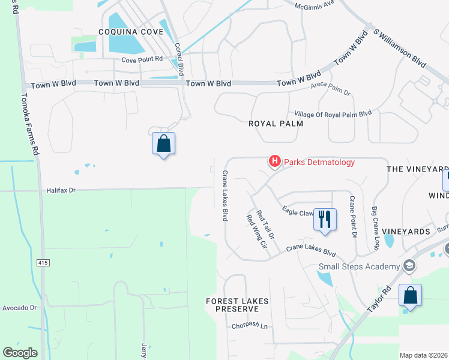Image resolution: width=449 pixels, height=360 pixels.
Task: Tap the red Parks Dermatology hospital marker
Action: click(x=275, y=161)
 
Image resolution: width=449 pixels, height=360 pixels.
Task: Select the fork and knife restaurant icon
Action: click(x=325, y=219)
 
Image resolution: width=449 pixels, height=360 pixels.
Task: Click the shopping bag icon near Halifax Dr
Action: click(x=163, y=144)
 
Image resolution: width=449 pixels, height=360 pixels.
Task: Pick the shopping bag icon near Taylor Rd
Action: click(x=410, y=296)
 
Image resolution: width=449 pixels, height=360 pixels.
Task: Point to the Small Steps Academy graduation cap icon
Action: click(x=409, y=266)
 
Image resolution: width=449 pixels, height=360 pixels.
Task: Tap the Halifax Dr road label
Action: click(x=62, y=190)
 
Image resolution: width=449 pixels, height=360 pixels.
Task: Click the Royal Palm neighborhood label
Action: click(x=276, y=123)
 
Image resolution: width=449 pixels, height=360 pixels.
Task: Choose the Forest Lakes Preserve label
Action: click(x=232, y=305)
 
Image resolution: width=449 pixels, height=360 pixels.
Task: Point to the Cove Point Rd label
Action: click(x=142, y=59)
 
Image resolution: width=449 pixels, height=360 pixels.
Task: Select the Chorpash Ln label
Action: click(x=249, y=326)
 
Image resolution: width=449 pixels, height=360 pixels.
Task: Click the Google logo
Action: click(x=20, y=353)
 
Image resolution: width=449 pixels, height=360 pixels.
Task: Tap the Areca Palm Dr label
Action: click(x=330, y=89)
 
